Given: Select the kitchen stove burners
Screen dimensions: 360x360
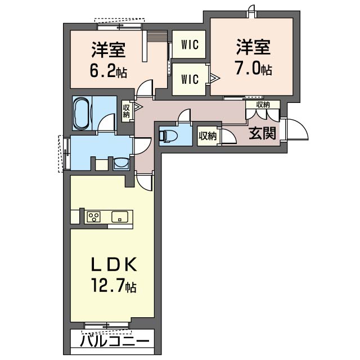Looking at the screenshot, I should pyautogui.click(x=93, y=217).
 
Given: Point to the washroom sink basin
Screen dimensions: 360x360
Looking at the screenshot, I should pyautogui.click(x=120, y=164).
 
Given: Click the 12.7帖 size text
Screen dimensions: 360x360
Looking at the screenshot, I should pyautogui.click(x=114, y=287).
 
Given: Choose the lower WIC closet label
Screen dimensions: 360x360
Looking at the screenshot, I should pyautogui.click(x=190, y=79).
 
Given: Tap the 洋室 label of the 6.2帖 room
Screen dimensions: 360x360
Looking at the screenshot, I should pyautogui.click(x=108, y=50).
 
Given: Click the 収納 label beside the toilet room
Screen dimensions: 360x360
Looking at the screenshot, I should pyautogui.click(x=207, y=136).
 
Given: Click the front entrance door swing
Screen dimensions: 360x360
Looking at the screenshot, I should pyautogui.click(x=296, y=130).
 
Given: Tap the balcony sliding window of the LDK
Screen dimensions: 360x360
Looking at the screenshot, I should pyautogui.click(x=106, y=324).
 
